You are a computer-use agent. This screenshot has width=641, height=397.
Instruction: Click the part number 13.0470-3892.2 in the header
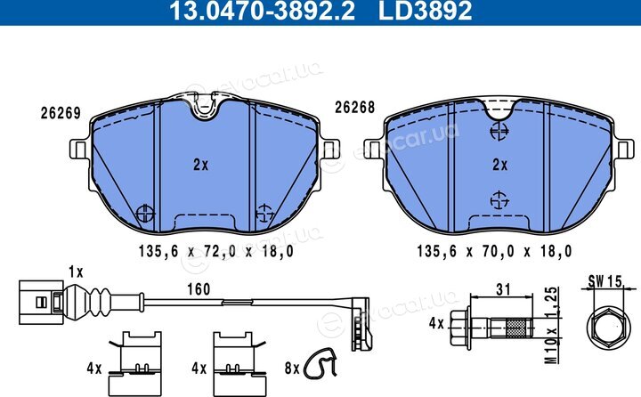pyautogui.click(x=262, y=11)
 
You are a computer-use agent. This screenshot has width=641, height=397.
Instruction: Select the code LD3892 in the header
pyautogui.click(x=426, y=11)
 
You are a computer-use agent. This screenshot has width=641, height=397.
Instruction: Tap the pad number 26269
pyautogui.click(x=61, y=113)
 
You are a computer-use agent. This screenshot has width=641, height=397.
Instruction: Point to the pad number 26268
pyautogui.click(x=355, y=107)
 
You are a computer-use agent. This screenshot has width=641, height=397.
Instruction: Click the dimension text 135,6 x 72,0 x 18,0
pyautogui.click(x=215, y=251)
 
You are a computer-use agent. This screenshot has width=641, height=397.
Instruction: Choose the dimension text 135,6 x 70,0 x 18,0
pyautogui.click(x=494, y=251)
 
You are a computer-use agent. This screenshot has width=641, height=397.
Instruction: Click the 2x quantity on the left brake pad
pyautogui.click(x=200, y=165)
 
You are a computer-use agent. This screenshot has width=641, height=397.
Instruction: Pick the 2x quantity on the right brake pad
pyautogui.click(x=500, y=165)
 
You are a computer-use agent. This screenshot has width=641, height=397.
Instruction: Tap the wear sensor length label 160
pyautogui.click(x=199, y=289)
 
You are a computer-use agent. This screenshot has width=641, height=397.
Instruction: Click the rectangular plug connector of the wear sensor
pyautogui.click(x=41, y=303)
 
